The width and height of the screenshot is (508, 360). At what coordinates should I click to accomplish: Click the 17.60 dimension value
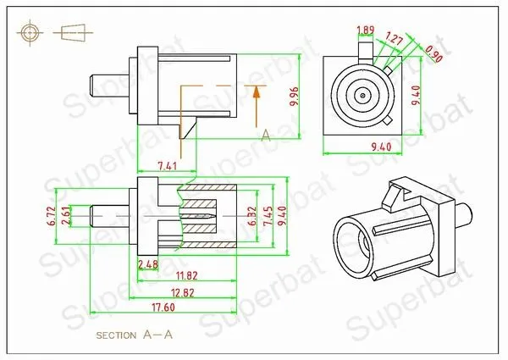pyautogui.click(x=163, y=307)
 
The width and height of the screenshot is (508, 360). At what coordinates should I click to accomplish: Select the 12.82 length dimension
pyautogui.click(x=183, y=293)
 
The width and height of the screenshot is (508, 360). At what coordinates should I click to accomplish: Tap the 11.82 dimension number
pyautogui.click(x=186, y=276)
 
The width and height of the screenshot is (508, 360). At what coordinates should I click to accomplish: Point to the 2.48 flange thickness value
pyautogui.click(x=148, y=265)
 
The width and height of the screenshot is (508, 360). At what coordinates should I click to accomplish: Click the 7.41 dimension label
pyautogui.click(x=167, y=166)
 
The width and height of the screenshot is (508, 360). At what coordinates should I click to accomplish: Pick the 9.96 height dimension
pyautogui.click(x=295, y=97)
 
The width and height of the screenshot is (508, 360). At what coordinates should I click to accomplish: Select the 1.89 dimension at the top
pyautogui.click(x=366, y=30)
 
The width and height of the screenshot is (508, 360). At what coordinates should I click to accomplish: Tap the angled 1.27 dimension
pyautogui.click(x=394, y=39)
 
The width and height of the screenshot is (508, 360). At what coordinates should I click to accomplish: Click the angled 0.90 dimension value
pyautogui.click(x=433, y=53)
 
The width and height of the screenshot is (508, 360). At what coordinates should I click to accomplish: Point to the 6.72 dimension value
pyautogui.click(x=52, y=216)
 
